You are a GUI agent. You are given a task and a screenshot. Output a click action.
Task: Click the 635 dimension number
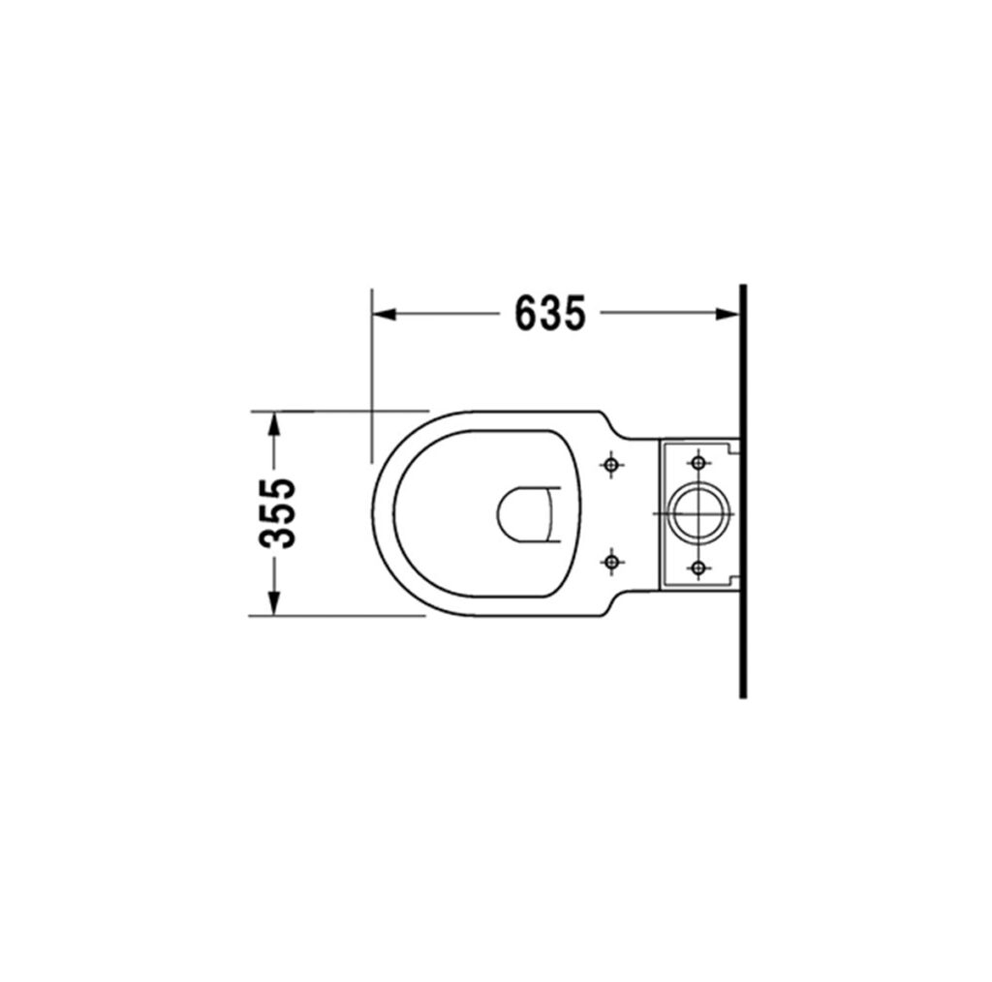[x=550, y=313]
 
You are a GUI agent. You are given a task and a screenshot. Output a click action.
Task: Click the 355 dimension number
[x=277, y=513]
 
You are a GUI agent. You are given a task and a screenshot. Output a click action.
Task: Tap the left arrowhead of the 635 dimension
[x=385, y=314]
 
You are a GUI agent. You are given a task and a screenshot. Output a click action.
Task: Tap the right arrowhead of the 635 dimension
[x=728, y=314]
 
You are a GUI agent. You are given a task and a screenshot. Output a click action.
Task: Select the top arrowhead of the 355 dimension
[x=273, y=423]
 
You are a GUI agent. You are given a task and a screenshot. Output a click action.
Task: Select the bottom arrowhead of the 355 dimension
[x=273, y=602]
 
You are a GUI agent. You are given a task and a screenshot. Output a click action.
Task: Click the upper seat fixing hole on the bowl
[x=610, y=465]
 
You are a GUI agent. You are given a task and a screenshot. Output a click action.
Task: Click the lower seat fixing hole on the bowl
[x=610, y=561]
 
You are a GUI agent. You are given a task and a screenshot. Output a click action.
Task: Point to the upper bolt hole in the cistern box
[x=697, y=463]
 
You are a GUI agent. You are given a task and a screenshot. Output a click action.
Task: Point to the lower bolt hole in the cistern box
[x=697, y=567]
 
